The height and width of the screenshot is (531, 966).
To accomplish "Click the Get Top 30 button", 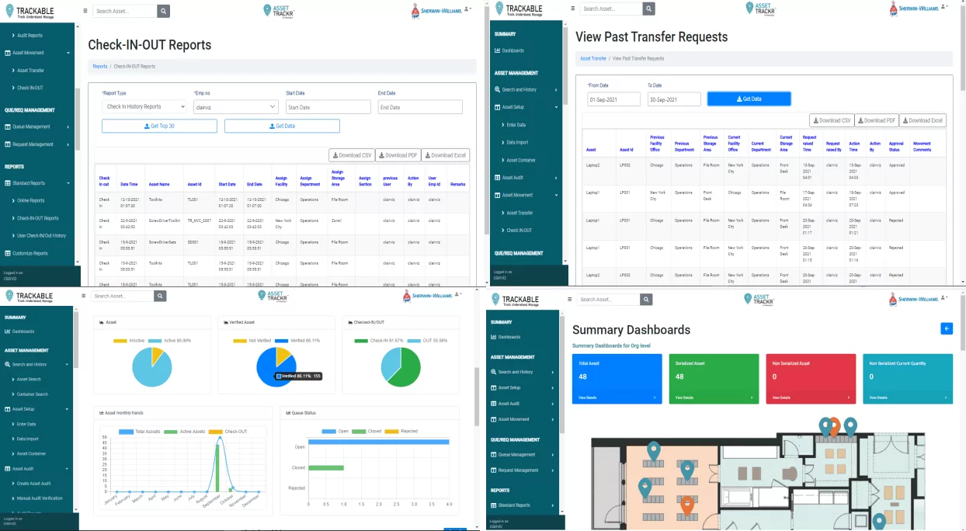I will pyautogui.click(x=159, y=126).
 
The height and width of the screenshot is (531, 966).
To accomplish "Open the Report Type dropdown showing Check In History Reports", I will pyautogui.click(x=144, y=106).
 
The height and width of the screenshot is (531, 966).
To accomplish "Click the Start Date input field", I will pyautogui.click(x=328, y=107).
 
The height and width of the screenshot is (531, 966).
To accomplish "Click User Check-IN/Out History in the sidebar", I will pyautogui.click(x=41, y=235).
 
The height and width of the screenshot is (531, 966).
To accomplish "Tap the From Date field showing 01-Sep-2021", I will pyautogui.click(x=613, y=99).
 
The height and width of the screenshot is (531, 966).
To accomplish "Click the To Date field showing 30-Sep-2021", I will pyautogui.click(x=674, y=99).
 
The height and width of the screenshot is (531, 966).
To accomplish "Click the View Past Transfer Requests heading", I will pyautogui.click(x=652, y=36).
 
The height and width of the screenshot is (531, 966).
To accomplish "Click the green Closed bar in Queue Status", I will pyautogui.click(x=326, y=468).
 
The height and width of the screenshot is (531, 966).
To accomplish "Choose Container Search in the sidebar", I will pyautogui.click(x=32, y=394).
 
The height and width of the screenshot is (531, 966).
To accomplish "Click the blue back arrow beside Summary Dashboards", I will pyautogui.click(x=946, y=328).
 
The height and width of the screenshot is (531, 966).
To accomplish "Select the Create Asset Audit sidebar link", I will pyautogui.click(x=33, y=484).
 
